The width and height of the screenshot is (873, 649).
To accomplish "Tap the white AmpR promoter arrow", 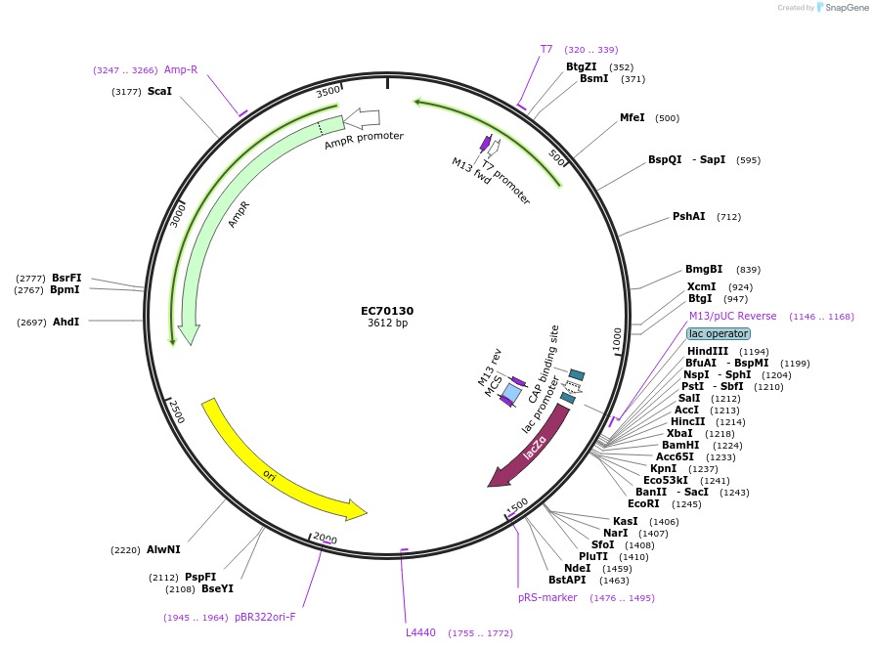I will (x=362, y=117).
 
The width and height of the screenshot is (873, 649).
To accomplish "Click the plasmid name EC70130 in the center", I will (x=387, y=311).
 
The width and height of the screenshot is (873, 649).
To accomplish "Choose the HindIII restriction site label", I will (x=707, y=351).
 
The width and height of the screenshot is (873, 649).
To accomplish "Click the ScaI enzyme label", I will (x=159, y=92).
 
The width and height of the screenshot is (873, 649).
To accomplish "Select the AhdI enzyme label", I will (x=66, y=323).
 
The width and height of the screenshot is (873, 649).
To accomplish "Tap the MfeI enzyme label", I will (x=632, y=118).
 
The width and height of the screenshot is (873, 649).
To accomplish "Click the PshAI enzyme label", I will (x=688, y=217).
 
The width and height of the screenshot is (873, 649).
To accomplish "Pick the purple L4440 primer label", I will (x=421, y=633).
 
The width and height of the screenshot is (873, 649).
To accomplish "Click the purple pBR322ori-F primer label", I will (x=265, y=618).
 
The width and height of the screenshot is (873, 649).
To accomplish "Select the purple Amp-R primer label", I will (x=181, y=70).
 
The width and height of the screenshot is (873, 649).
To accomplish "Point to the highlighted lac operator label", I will (x=718, y=333).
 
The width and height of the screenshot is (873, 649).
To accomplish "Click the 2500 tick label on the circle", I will (x=174, y=411).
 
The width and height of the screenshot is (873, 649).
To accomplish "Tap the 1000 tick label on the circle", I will (x=617, y=340).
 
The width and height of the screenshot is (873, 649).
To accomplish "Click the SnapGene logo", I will (x=841, y=8).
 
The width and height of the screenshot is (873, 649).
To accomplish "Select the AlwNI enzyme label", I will (x=163, y=550).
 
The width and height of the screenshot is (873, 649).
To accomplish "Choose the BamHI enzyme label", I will (x=681, y=445).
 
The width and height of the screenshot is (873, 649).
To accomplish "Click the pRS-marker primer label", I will (x=547, y=598).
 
